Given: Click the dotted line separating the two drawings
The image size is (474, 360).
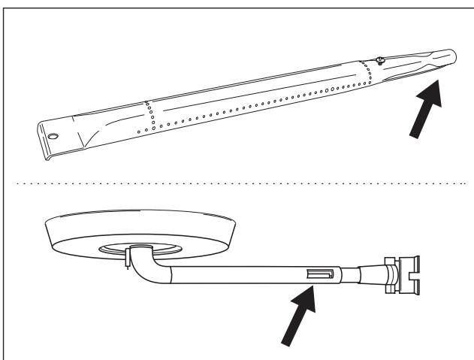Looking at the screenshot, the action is [x=237, y=182].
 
